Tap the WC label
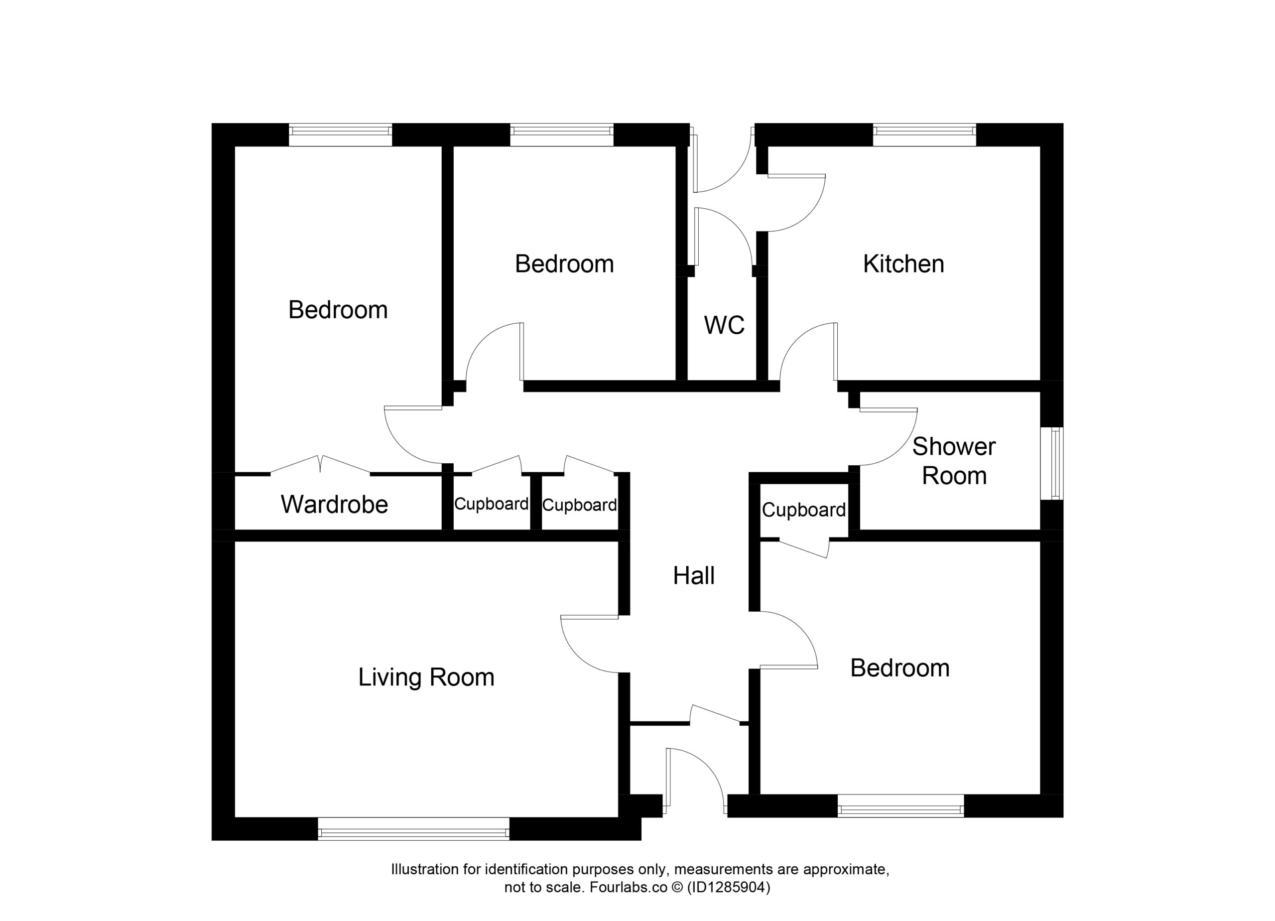coord(724,325)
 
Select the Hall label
coord(694,576)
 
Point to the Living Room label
coord(426,677)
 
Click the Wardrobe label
coord(335,505)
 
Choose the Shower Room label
coord(954,461)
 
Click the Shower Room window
coord(1052,463)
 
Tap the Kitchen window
coord(924,135)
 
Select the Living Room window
coord(414,829)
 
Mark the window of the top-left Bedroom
coord(340,135)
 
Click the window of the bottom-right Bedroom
coord(900,806)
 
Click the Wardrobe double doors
coord(320,464)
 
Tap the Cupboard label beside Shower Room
coord(803,510)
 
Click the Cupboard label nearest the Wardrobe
coord(492,504)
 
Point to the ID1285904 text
coord(729,888)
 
